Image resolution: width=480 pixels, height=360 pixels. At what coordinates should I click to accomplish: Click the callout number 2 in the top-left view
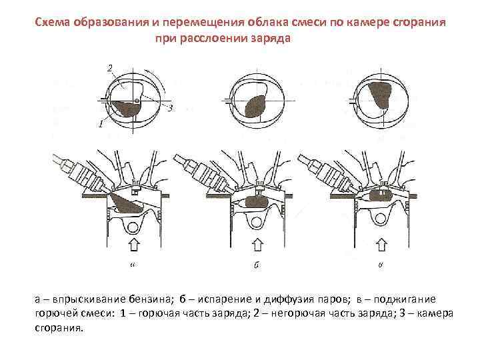tap(109, 67)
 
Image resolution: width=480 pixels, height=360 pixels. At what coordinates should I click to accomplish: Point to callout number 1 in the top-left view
tap(99, 124)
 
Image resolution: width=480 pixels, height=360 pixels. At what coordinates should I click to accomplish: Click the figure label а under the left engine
tap(133, 265)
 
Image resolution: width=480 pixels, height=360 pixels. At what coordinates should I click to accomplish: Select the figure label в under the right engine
tap(381, 265)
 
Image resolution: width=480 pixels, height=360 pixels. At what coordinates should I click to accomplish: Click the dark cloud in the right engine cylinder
tap(381, 195)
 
